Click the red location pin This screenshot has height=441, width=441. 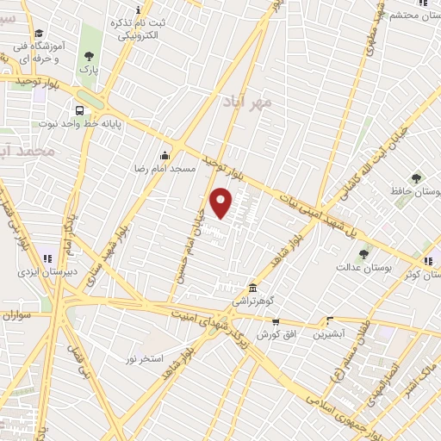(x=222, y=202)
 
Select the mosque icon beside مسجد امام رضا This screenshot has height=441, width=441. (x=165, y=155)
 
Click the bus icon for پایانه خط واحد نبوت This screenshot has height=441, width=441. (x=79, y=110)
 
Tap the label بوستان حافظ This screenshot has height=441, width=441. (x=417, y=195)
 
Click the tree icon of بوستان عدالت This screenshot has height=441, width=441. (x=363, y=254)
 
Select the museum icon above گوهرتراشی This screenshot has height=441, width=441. (x=252, y=288)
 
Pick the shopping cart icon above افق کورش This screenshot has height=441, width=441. (x=276, y=321)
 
